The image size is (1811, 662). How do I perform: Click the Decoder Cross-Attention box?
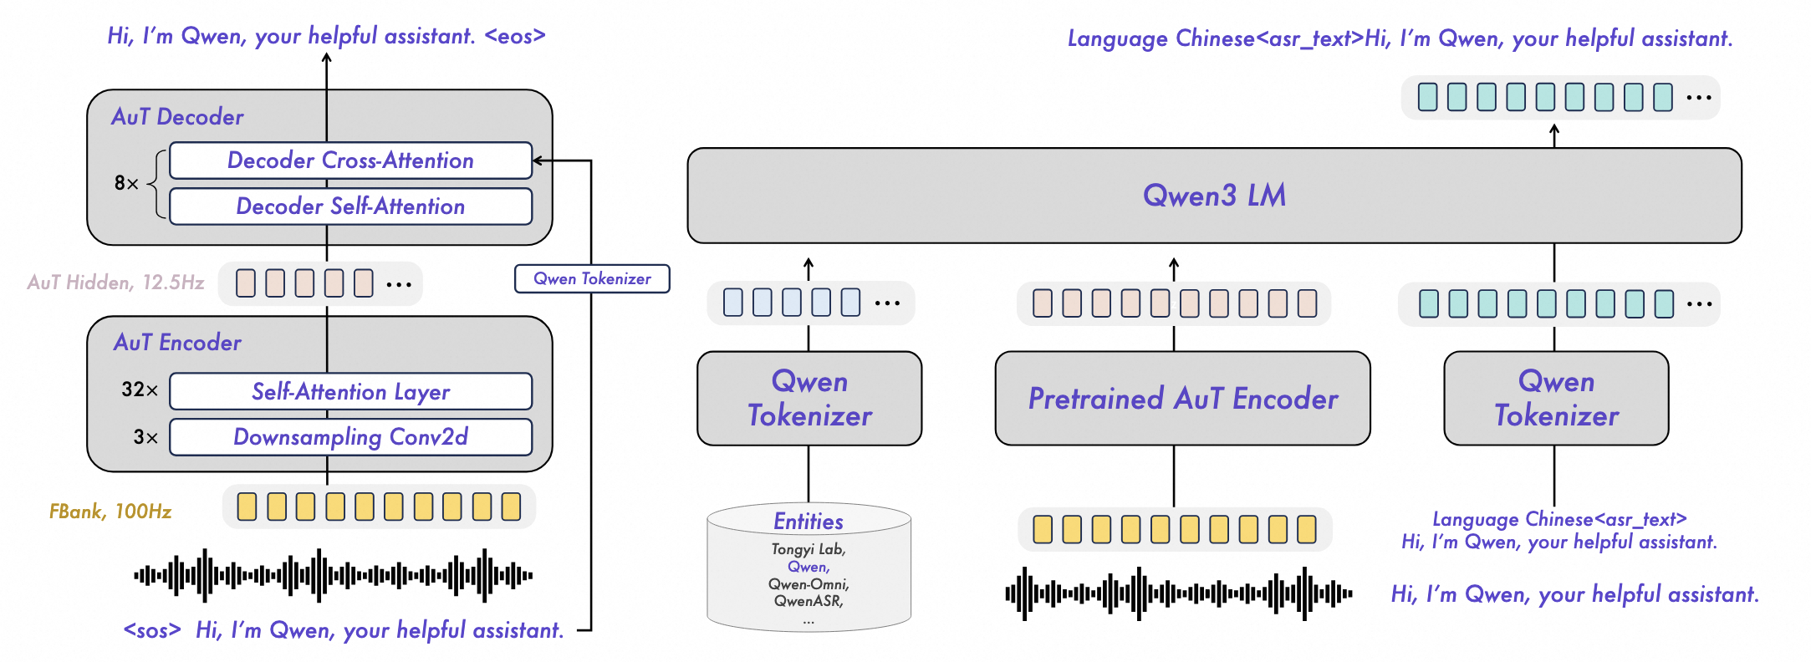pos(350,160)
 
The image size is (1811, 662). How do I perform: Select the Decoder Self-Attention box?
pos(350,206)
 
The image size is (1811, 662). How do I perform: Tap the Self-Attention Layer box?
pos(350,391)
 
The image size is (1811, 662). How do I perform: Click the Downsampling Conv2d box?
pos(350,437)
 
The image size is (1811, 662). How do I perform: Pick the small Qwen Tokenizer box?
pos(592,279)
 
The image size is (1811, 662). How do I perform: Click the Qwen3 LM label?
pos(1214,196)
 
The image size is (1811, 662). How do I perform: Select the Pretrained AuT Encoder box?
pos(1182,399)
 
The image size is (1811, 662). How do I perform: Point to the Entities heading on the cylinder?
pos(808,522)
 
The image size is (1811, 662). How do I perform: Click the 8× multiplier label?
pos(126,183)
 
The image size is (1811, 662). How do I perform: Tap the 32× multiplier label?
pos(140,390)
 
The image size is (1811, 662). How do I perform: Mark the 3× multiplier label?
pos(145,437)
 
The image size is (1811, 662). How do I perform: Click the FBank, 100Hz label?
pos(110,512)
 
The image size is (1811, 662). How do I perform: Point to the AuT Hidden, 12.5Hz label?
pos(115,283)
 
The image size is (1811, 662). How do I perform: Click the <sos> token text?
pos(152,630)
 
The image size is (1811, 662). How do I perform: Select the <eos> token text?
pos(515,36)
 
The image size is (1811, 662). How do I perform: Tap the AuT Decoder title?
pos(177,117)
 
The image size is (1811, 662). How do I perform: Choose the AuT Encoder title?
pos(177,343)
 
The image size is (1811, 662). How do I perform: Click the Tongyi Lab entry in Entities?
pos(808,549)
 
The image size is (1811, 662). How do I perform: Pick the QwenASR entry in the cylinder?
pos(808,601)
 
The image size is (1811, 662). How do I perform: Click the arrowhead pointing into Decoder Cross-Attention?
pos(538,160)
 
